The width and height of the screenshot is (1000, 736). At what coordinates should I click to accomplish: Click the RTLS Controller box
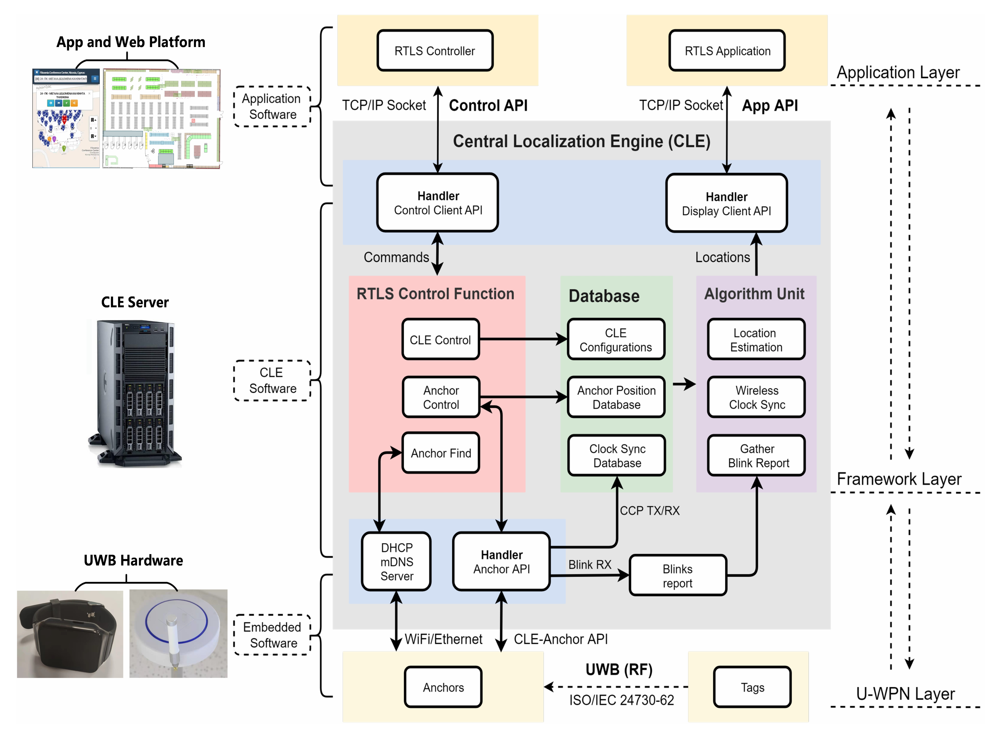pos(435,51)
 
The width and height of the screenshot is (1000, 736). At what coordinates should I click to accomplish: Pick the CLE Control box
pos(440,339)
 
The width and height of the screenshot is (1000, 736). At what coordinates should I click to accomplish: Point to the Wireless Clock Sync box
pos(756,397)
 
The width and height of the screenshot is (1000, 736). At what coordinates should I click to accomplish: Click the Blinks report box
pos(677,576)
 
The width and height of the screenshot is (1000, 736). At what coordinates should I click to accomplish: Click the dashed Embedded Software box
pos(272,635)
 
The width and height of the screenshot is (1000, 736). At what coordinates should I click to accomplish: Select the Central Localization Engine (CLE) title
pos(581,141)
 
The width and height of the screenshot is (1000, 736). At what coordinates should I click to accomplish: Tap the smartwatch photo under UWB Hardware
pos(70,634)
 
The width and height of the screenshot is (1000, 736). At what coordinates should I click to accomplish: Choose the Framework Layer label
pos(898,479)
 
